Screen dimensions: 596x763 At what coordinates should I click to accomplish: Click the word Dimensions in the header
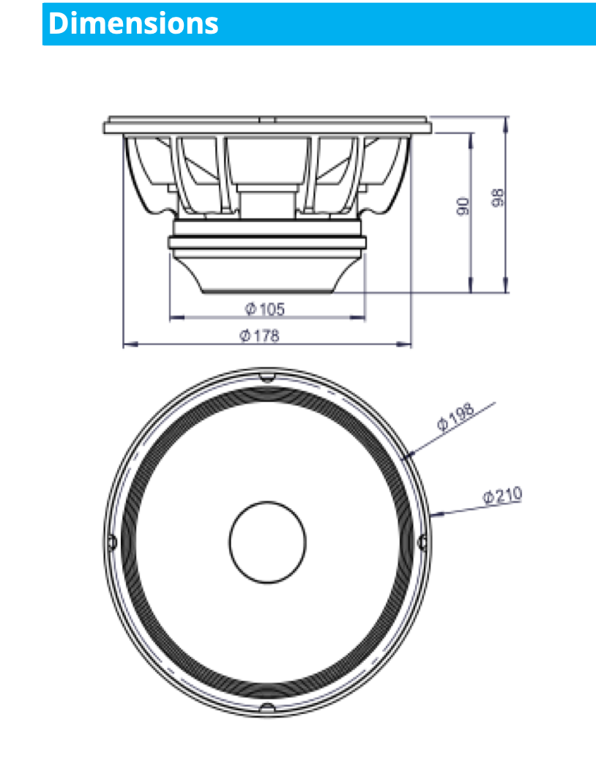pos(133,23)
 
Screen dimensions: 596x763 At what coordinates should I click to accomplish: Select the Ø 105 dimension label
pos(264,309)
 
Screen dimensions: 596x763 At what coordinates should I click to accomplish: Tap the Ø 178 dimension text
pos(260,336)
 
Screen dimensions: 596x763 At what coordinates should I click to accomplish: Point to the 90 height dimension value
pos(463,206)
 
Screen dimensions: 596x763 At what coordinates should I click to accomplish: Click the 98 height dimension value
pos(498,198)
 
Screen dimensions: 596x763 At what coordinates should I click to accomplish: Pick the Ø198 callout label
pos(455,417)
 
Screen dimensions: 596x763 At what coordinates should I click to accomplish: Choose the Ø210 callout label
pos(502,496)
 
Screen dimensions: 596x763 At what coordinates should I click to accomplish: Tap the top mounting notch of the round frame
pos(267,377)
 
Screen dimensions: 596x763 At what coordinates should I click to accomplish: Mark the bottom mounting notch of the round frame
pos(267,707)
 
